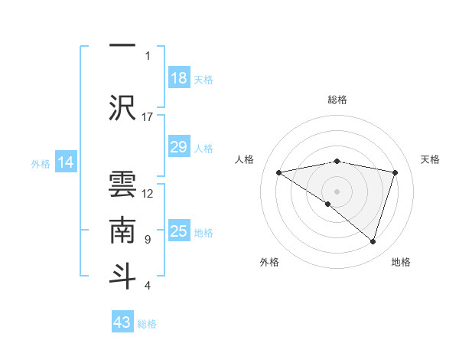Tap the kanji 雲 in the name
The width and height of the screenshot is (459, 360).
tap(122, 181)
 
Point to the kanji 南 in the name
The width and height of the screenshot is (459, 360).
tap(122, 227)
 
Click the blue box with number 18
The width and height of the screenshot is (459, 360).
tap(179, 78)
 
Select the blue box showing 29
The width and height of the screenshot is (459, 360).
tap(179, 147)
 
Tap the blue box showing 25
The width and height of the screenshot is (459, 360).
tap(179, 231)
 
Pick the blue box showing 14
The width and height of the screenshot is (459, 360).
tap(66, 162)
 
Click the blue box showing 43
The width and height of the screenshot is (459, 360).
tap(122, 322)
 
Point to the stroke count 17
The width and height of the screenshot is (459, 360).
tap(148, 117)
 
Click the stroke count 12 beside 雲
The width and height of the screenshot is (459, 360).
tap(148, 193)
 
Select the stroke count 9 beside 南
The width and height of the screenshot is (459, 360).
tap(148, 240)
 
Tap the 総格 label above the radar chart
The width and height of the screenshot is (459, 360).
tap(337, 100)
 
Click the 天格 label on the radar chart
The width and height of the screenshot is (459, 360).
tap(431, 159)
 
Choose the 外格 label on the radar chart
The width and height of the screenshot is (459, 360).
tap(269, 262)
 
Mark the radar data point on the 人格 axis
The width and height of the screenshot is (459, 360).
tap(279, 172)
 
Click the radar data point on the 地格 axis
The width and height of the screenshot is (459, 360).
tap(373, 241)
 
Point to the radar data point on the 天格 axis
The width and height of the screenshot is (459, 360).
tap(396, 172)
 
